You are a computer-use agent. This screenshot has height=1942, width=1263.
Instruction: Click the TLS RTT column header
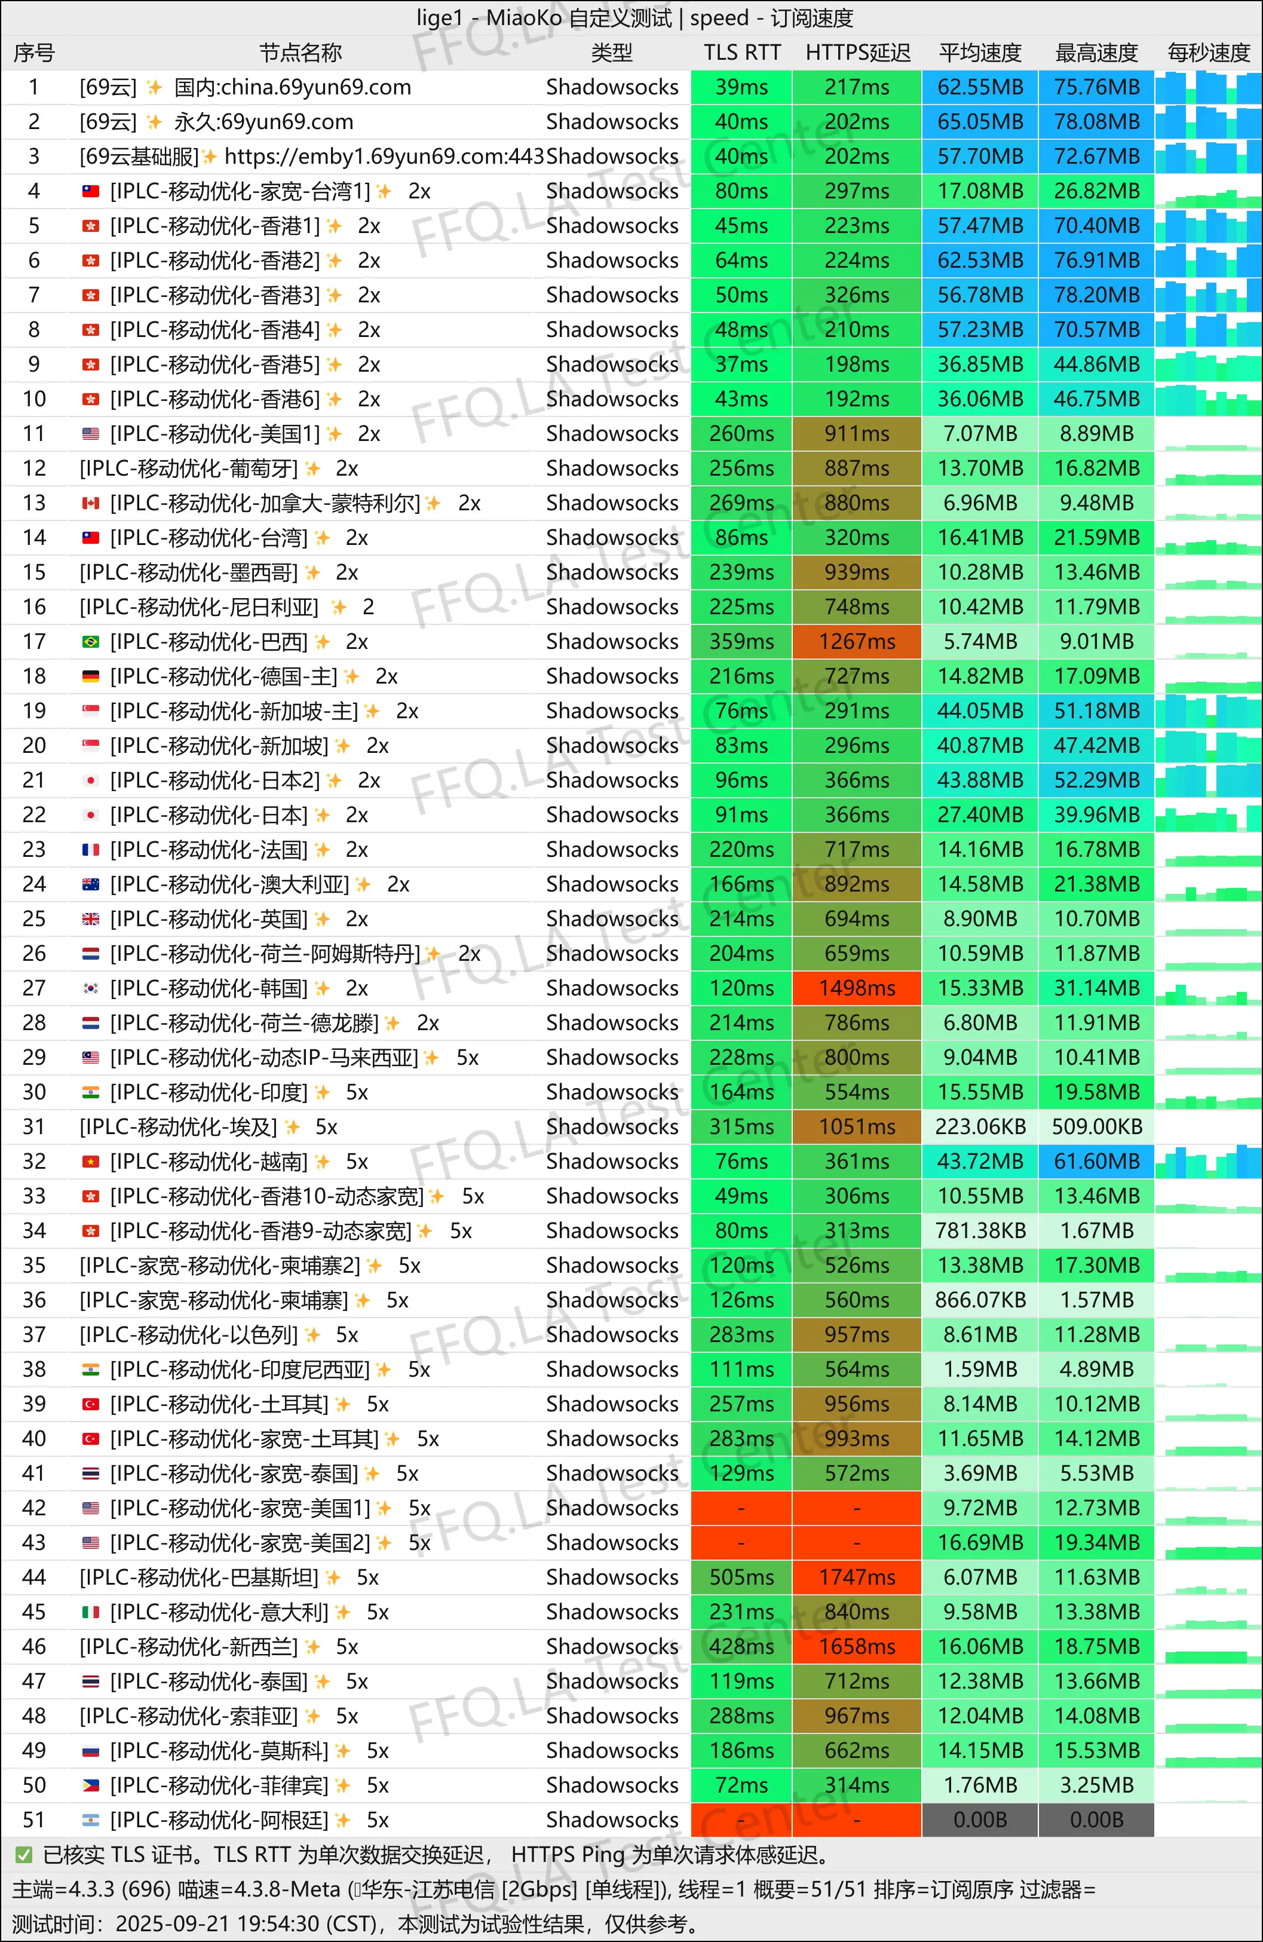[x=741, y=53]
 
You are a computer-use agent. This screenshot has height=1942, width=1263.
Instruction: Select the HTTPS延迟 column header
[x=857, y=53]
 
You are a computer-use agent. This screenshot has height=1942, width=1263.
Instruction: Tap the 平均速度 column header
[x=980, y=53]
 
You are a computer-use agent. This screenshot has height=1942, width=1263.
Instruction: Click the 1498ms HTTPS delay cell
[x=857, y=988]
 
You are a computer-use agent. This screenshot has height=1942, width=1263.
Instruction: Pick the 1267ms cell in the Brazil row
[x=857, y=641]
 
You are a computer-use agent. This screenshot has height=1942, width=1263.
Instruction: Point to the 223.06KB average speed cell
[x=980, y=1127]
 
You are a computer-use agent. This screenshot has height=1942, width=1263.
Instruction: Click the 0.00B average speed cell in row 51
[x=980, y=1820]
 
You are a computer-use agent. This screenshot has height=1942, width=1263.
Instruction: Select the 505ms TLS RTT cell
[x=741, y=1578]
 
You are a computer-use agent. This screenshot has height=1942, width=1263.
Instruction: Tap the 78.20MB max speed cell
[x=1096, y=295]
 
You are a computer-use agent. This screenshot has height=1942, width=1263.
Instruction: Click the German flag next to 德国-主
[x=91, y=676]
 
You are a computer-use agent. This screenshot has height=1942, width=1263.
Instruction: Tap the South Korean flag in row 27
[x=91, y=989]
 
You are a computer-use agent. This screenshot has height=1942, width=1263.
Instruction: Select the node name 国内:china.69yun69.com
[x=292, y=87]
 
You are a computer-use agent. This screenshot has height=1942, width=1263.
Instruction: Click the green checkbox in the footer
[x=24, y=1855]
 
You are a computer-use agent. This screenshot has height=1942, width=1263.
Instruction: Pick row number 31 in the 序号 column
[x=33, y=1127]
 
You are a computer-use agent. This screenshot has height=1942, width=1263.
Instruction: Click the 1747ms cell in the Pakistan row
[x=857, y=1578]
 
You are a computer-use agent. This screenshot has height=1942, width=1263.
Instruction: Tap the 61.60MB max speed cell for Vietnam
[x=1096, y=1161]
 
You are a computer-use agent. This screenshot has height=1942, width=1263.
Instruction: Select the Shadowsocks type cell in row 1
[x=612, y=87]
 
